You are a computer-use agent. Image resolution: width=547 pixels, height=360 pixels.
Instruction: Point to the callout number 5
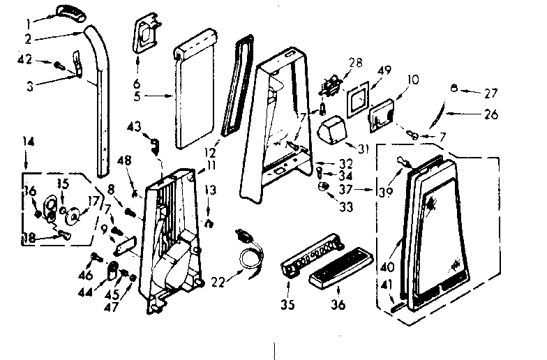point(138,96)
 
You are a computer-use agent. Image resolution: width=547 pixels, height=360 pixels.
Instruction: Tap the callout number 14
point(28,141)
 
